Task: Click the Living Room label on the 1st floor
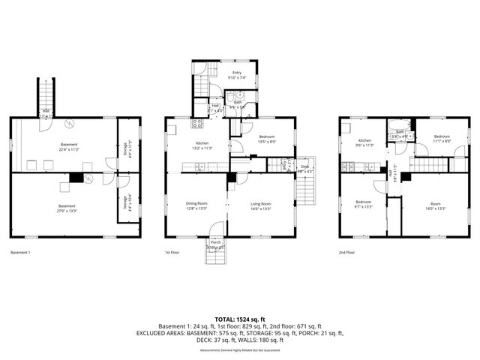[260, 203]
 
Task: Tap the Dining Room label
[196, 203]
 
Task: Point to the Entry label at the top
[237, 72]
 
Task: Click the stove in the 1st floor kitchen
[198, 124]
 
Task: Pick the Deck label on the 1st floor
[304, 166]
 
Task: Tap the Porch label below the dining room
[215, 242]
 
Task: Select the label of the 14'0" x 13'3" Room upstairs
[436, 203]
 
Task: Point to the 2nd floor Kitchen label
[364, 140]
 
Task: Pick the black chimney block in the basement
[75, 178]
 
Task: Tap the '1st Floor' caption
[172, 253]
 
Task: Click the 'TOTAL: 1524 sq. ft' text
[239, 319]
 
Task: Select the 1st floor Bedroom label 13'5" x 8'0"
[267, 136]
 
